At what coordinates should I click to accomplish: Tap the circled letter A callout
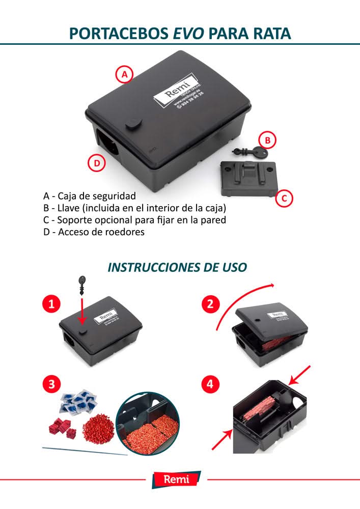124,75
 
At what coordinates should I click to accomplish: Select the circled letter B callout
267,139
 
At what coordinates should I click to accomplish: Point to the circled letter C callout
284,199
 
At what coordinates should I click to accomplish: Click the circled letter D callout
96,163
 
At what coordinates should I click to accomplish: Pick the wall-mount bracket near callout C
247,177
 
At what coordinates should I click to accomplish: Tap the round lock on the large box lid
132,123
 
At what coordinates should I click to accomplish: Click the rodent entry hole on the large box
107,143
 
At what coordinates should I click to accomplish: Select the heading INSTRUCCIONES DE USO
177,267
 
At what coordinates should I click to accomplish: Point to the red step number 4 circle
210,384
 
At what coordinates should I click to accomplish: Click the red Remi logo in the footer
176,479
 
